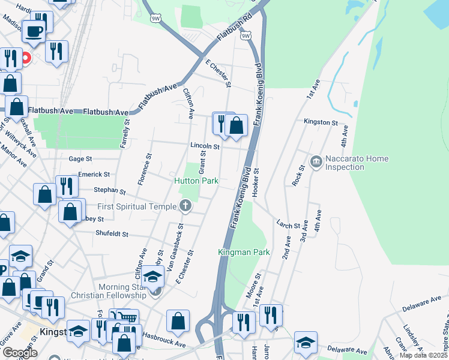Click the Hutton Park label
[x=196, y=181]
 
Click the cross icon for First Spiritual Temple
[x=185, y=206]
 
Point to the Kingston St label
[x=321, y=122]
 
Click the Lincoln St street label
[x=205, y=146]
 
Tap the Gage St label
[x=80, y=159]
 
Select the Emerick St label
[x=94, y=175]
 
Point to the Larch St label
[x=288, y=226]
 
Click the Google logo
[x=20, y=353]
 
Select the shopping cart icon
[x=128, y=318]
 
